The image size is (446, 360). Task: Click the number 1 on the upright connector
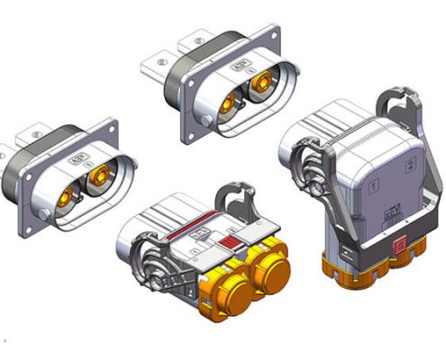[372, 186]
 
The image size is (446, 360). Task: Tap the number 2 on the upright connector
[410, 164]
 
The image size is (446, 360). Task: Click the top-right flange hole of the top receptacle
[268, 37]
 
